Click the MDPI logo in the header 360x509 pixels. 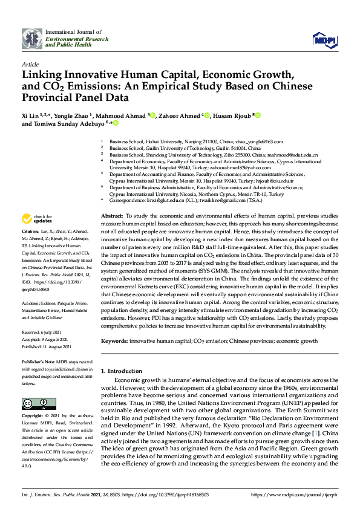click(x=324, y=40)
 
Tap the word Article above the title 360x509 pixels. click(x=30, y=63)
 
